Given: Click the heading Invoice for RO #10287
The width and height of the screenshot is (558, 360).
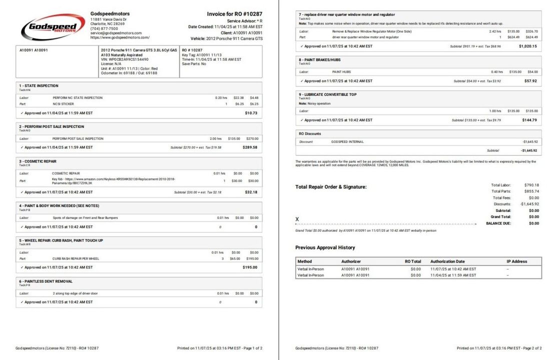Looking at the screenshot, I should [x=234, y=14].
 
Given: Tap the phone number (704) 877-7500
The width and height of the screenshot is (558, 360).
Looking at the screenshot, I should [x=104, y=28].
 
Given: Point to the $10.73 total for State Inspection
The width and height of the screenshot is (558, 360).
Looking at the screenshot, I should [x=251, y=113].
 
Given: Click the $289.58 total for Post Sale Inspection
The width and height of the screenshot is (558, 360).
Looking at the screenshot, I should [x=250, y=147].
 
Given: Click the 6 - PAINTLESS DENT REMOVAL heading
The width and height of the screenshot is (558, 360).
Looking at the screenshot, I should [x=46, y=281].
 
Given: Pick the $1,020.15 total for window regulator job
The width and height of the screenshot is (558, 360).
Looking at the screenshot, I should [x=528, y=46].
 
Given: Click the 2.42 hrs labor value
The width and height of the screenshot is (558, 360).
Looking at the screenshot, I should [x=495, y=31].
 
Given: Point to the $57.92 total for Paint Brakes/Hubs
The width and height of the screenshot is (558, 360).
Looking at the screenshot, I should [x=530, y=80].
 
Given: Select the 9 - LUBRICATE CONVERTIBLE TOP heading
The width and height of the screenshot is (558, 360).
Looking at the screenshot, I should [x=327, y=94].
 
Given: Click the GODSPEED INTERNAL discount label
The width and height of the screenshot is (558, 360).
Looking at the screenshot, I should [x=347, y=141].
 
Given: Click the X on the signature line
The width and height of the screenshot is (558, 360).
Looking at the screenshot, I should [x=297, y=219].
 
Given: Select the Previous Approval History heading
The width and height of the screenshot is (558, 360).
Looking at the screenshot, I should [x=325, y=247].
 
